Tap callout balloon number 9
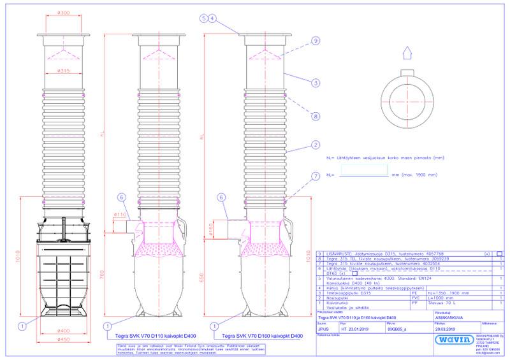click(x=315, y=41)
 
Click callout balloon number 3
click(x=315, y=83)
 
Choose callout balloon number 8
click(x=315, y=116)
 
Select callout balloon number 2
click(x=315, y=145)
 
